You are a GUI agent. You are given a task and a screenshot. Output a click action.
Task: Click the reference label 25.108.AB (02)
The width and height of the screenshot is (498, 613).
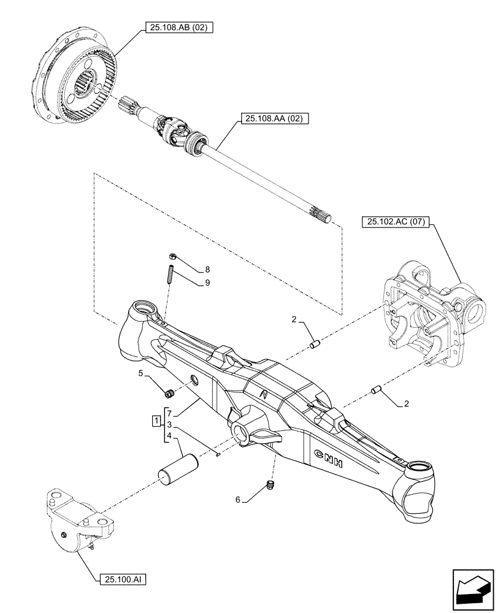[178, 28]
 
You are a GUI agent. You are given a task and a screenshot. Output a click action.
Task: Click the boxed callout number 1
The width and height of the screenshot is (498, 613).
[157, 421]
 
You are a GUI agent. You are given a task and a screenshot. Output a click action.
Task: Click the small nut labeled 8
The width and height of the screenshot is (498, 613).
[172, 258]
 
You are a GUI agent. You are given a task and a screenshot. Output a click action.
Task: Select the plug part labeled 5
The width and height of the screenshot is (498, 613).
[170, 392]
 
